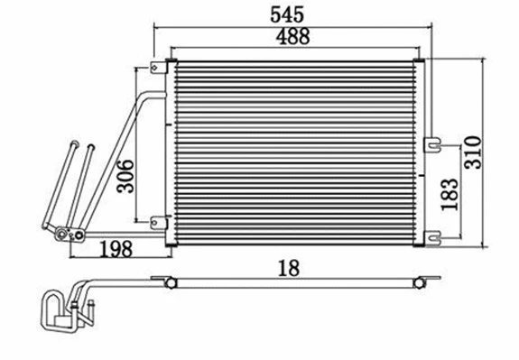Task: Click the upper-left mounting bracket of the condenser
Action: (160, 67)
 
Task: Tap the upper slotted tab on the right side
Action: (433, 142)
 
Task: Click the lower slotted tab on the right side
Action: (434, 237)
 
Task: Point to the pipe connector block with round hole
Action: (65, 236)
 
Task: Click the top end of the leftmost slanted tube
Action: (72, 143)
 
